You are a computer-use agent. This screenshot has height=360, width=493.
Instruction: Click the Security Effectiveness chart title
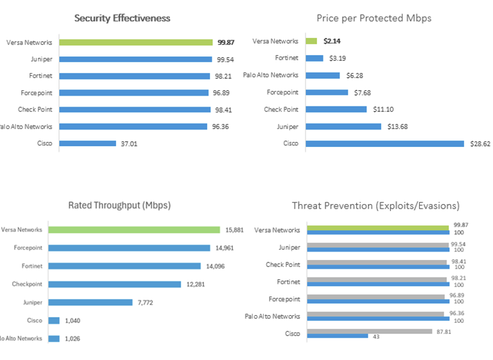[x=122, y=18]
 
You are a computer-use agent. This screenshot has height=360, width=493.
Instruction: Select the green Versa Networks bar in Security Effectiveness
[x=135, y=42]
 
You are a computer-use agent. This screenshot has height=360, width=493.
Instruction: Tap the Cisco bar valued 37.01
[x=88, y=143]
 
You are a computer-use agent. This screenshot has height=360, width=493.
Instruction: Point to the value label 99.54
[x=225, y=59]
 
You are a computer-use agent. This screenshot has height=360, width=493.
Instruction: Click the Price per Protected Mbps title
[x=374, y=18]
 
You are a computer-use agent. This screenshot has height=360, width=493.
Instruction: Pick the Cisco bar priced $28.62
[x=385, y=143]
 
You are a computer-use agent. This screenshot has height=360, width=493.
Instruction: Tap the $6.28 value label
[x=356, y=75]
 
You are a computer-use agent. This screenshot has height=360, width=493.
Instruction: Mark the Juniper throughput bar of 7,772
[x=96, y=302]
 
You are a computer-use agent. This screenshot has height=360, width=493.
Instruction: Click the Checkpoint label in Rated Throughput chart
[x=27, y=284]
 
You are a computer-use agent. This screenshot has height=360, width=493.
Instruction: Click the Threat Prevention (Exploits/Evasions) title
[x=376, y=205]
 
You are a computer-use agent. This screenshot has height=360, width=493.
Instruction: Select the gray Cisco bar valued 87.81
[x=370, y=331]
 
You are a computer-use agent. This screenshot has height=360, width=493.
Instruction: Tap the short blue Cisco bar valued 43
[x=338, y=336]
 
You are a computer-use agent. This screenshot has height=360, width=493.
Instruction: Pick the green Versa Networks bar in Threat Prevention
[x=377, y=227]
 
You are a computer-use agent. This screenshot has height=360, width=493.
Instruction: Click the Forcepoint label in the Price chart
[x=281, y=92]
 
